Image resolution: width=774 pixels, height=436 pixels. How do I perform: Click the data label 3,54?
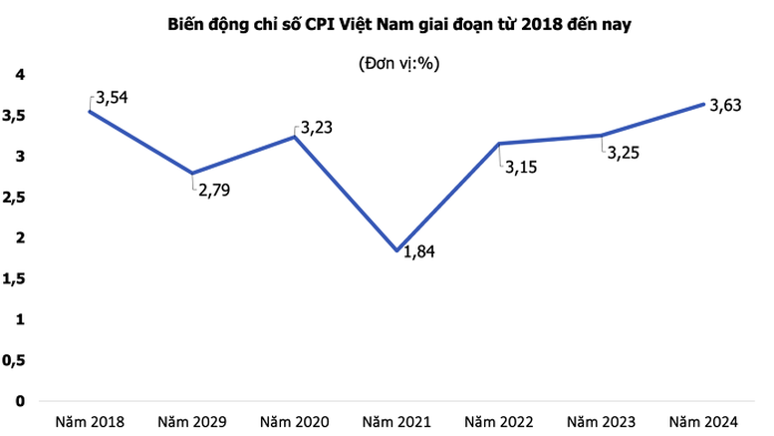[x=113, y=98]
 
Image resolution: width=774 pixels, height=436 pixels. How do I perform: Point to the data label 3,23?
[x=316, y=127]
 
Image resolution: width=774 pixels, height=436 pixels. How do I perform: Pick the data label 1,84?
[x=419, y=250]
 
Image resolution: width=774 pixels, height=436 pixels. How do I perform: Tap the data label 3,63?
[x=726, y=107]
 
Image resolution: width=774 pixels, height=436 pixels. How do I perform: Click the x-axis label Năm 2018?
[x=89, y=421]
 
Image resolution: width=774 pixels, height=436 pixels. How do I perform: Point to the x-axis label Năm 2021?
[x=397, y=421]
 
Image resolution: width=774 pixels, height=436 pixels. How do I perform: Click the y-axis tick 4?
[x=19, y=75]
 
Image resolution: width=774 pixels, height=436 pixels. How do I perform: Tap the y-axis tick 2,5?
[x=14, y=198]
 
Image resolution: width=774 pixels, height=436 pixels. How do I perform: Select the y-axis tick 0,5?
[x=14, y=360]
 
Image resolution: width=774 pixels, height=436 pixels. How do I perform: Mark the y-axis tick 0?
[x=19, y=401]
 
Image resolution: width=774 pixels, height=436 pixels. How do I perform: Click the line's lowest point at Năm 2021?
[x=397, y=250]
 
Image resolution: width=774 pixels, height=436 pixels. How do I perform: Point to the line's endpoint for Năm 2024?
[x=703, y=104]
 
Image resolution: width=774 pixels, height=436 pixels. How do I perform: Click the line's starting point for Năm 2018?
[x=90, y=111]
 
